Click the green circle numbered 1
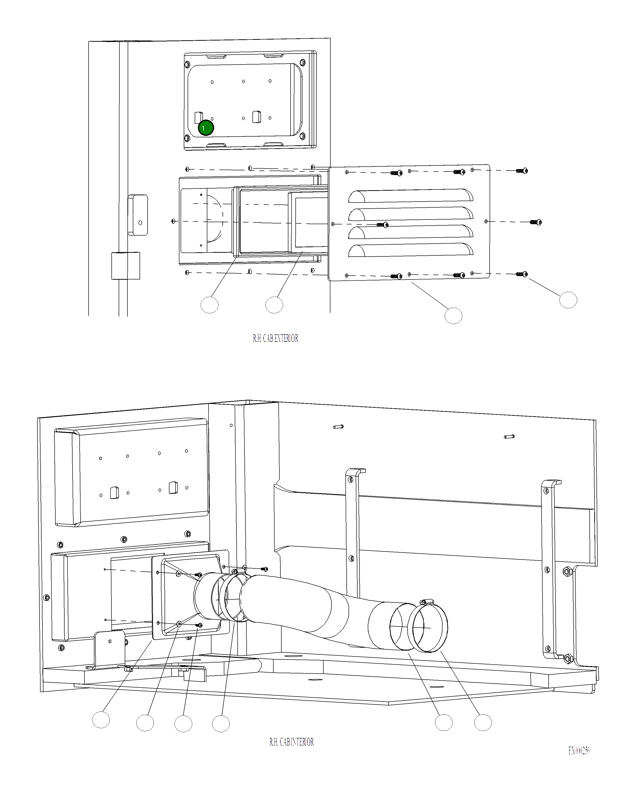pyautogui.click(x=206, y=128)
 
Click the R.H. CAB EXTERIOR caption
pyautogui.click(x=275, y=338)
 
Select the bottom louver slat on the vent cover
pyautogui.click(x=410, y=251)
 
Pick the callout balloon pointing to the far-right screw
pyautogui.click(x=568, y=300)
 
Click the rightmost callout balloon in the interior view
pyautogui.click(x=483, y=723)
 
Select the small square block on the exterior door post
pyautogui.click(x=126, y=266)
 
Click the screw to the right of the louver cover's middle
pyautogui.click(x=536, y=222)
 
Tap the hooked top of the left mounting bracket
pyautogui.click(x=356, y=471)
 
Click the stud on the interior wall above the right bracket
pyautogui.click(x=509, y=437)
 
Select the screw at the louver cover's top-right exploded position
pyautogui.click(x=522, y=171)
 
